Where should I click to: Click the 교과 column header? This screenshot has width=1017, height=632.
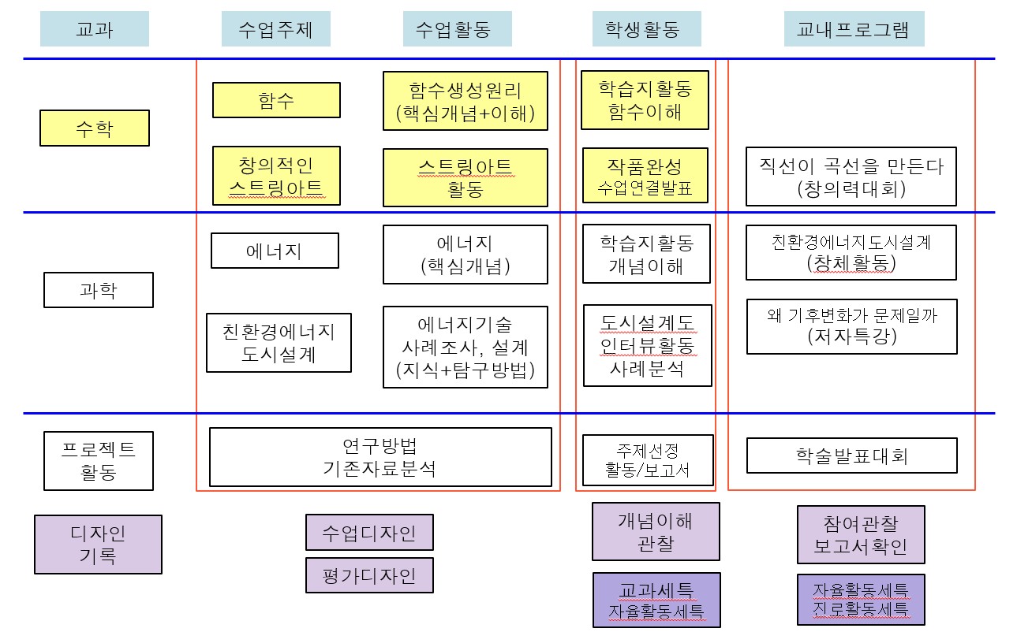click(94, 29)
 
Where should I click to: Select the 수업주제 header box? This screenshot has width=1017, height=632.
click(275, 29)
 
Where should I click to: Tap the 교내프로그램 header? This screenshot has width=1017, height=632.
click(853, 29)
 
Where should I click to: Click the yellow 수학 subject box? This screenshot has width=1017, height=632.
click(95, 128)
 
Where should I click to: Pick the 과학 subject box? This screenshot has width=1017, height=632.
click(99, 290)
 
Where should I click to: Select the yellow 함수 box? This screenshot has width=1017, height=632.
click(276, 100)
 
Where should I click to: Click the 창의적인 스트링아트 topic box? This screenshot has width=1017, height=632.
click(276, 176)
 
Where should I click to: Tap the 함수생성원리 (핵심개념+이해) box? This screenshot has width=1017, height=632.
click(465, 101)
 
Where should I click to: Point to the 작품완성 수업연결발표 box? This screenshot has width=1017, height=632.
click(645, 176)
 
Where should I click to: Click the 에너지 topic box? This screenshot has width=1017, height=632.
click(274, 251)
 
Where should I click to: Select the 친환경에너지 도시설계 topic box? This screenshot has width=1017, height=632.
click(279, 342)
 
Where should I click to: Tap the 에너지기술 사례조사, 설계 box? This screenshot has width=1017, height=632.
click(465, 347)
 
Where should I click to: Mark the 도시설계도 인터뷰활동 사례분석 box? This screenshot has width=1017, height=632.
click(647, 345)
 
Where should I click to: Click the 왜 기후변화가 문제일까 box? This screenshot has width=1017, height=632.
click(851, 326)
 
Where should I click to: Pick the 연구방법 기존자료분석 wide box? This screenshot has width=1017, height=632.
click(380, 457)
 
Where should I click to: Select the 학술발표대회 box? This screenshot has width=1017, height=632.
click(851, 455)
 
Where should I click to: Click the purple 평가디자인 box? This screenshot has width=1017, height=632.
click(369, 575)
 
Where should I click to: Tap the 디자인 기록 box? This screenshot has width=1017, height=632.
click(98, 545)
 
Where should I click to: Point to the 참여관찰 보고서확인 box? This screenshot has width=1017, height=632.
click(861, 534)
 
